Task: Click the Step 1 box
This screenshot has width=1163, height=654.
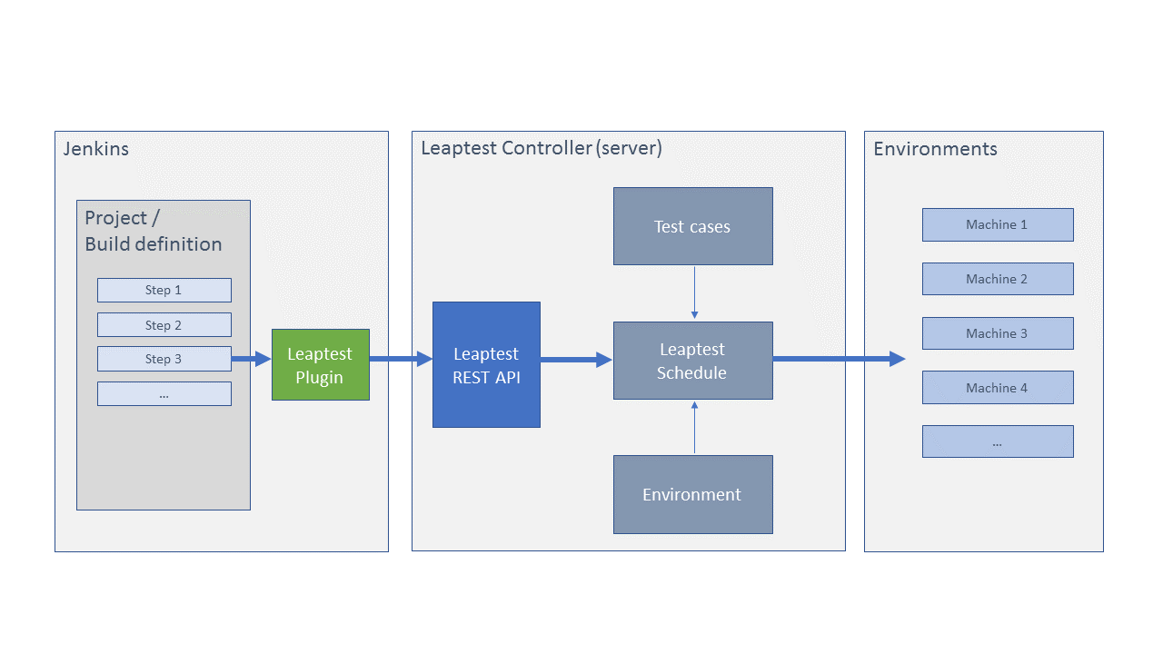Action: coord(164,290)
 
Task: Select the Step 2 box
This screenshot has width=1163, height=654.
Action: coord(164,325)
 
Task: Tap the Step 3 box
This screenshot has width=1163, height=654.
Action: coord(164,359)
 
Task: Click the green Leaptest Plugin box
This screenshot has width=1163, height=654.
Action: coord(321,364)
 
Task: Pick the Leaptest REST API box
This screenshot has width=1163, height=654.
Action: coord(486,365)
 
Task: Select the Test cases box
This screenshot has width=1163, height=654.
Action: coord(692,226)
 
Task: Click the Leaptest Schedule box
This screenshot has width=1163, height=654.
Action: coord(692,361)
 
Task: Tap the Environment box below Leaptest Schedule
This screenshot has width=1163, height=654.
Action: coord(692,495)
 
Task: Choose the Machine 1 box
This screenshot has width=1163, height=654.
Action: coord(998,224)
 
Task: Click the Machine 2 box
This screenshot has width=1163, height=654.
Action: coord(998,279)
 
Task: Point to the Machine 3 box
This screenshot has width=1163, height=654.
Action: coord(998,333)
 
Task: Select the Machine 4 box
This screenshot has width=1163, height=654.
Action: coord(998,387)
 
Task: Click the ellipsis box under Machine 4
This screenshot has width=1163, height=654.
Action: coord(998,441)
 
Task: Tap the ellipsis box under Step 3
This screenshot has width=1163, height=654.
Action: coord(164,394)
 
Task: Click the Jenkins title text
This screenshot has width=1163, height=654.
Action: coord(96,149)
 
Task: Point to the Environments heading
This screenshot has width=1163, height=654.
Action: coord(935,149)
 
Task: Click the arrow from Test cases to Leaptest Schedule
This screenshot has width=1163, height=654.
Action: coord(695,292)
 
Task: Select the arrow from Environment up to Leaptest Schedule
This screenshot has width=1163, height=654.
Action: coord(695,427)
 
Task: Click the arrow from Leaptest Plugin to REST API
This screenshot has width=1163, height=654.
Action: coord(401,359)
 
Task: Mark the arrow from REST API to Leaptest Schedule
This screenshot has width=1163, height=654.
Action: coord(576,359)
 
